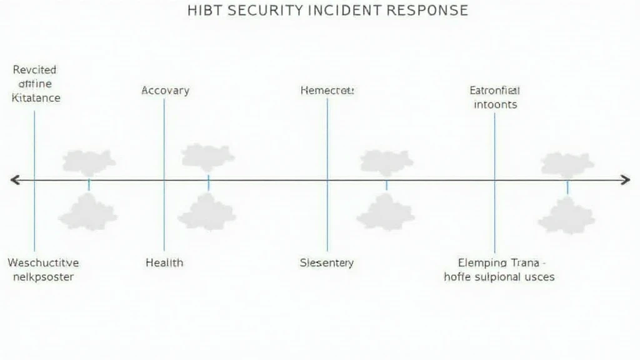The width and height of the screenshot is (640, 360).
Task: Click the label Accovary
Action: [165, 91]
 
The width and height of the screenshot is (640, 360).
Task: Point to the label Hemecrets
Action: [327, 91]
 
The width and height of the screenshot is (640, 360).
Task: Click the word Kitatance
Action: [37, 97]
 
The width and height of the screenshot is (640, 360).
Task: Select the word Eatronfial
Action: [494, 91]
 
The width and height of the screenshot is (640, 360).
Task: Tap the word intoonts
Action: [495, 104]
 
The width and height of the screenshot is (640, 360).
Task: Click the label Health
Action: [164, 262]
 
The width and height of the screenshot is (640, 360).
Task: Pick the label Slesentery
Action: [327, 262]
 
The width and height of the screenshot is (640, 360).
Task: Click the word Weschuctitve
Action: [43, 262]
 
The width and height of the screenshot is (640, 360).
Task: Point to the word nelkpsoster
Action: [43, 276]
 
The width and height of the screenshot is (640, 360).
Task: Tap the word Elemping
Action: [482, 262]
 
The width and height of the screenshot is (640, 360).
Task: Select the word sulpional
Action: [498, 276]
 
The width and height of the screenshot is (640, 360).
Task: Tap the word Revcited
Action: [34, 70]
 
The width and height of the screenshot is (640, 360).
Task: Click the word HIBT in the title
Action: [205, 10]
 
